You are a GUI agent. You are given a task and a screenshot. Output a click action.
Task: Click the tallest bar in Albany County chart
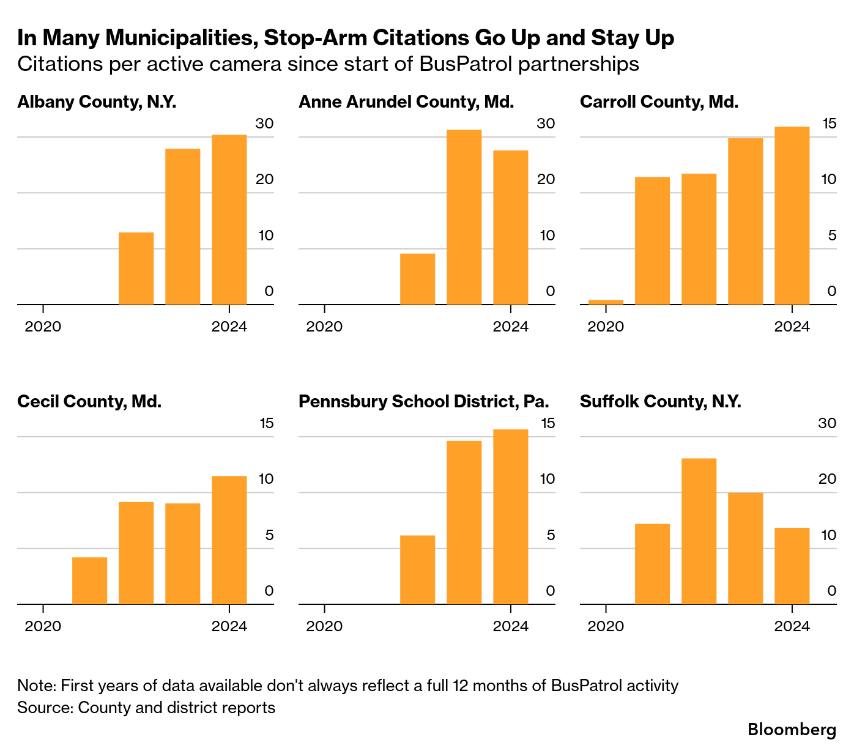[x=229, y=220]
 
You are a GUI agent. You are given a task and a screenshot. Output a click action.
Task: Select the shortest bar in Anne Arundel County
[x=417, y=279]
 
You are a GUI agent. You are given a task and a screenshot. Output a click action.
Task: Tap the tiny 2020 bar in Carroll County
[x=606, y=302]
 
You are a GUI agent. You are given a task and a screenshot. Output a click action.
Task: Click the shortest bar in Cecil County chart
[x=89, y=580]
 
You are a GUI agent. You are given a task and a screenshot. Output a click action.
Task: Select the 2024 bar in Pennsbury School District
[x=510, y=517]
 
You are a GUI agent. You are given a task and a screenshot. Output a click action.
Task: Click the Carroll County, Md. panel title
[x=659, y=102]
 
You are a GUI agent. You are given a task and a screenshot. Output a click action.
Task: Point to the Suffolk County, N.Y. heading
[x=660, y=401]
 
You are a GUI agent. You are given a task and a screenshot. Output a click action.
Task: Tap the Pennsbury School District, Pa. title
[x=423, y=401]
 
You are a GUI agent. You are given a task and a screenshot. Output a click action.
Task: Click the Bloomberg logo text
[x=792, y=730]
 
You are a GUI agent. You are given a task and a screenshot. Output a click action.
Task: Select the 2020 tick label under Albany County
[x=43, y=326]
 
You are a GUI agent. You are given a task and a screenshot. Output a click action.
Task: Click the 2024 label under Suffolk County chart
[x=792, y=626]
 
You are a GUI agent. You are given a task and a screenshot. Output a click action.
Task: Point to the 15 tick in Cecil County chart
[x=266, y=423]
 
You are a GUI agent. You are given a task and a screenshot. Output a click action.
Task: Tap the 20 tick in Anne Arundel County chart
[x=546, y=179]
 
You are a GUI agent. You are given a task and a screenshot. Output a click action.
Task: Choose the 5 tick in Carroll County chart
[x=831, y=235]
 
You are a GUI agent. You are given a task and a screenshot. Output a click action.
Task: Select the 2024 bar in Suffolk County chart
[x=792, y=566]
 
